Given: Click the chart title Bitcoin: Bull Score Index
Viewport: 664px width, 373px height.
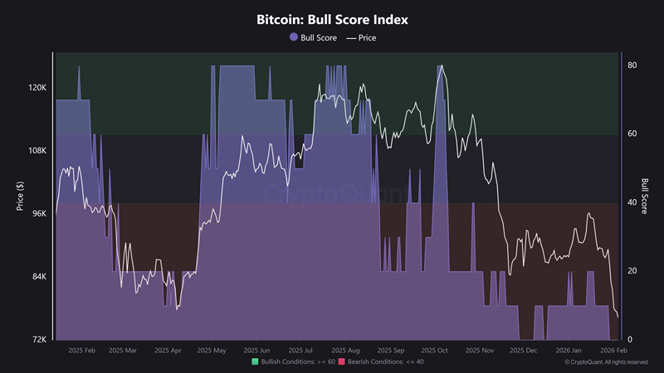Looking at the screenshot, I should pos(332,18).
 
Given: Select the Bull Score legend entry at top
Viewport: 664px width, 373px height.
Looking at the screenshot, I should pos(314,37).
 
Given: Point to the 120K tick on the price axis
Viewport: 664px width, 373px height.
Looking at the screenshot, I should pos(39,87).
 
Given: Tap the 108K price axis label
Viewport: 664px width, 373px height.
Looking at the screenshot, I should pos(39,150).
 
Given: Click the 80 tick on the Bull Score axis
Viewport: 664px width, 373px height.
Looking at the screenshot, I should pos(632,65).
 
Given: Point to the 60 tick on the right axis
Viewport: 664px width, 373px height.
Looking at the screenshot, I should pos(632,133).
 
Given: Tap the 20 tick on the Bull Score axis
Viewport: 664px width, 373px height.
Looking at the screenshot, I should pos(632,271).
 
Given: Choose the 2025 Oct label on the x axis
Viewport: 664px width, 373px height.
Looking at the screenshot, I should pos(435,351).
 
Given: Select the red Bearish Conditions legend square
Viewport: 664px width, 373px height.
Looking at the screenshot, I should pos(342,362).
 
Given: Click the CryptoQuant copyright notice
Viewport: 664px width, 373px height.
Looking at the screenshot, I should pos(607,362).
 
